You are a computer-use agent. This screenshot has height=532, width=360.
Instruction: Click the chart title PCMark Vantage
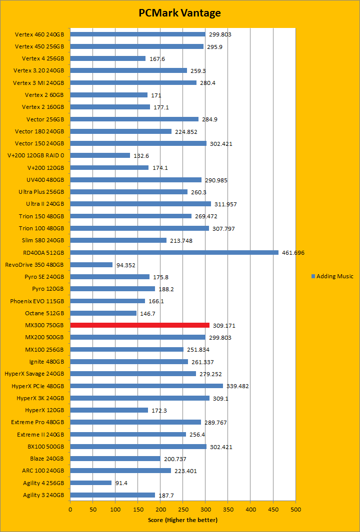click(179, 13)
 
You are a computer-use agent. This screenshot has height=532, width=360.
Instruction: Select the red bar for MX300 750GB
click(139, 325)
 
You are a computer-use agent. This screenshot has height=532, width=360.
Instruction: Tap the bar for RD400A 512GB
click(174, 252)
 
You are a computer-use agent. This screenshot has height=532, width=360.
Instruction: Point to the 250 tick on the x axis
click(183, 509)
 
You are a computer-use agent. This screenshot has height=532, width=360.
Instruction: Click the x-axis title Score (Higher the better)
click(182, 520)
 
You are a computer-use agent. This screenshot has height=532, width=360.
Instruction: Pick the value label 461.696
click(293, 253)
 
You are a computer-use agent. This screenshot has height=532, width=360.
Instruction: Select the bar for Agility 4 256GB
click(90, 483)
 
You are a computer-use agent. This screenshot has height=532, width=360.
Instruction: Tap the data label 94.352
click(125, 265)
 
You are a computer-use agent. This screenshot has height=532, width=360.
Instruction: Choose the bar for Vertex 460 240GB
click(137, 34)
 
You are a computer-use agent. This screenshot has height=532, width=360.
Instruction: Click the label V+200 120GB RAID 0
click(36, 155)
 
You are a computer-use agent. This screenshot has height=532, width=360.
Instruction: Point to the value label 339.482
click(237, 386)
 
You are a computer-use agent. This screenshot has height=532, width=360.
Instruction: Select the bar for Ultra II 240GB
click(140, 204)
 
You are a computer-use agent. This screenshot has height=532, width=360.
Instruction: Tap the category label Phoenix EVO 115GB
click(37, 301)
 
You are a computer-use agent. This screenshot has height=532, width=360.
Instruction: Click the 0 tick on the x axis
click(70, 509)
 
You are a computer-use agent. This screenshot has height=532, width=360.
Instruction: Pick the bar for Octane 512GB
click(103, 313)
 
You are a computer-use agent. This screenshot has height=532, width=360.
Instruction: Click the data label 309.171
click(224, 326)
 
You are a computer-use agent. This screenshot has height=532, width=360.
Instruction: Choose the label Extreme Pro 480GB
click(37, 422)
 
